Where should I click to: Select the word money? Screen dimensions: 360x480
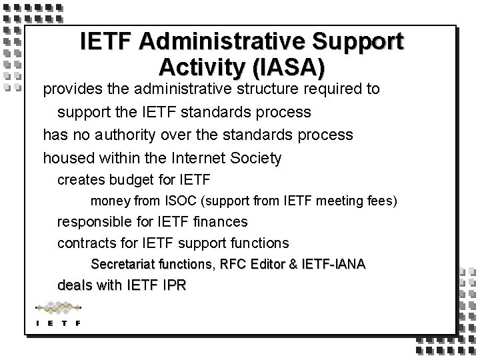[x=107, y=200]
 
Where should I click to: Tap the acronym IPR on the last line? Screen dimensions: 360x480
[x=173, y=286]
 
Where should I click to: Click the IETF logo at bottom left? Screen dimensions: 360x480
[x=58, y=313]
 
